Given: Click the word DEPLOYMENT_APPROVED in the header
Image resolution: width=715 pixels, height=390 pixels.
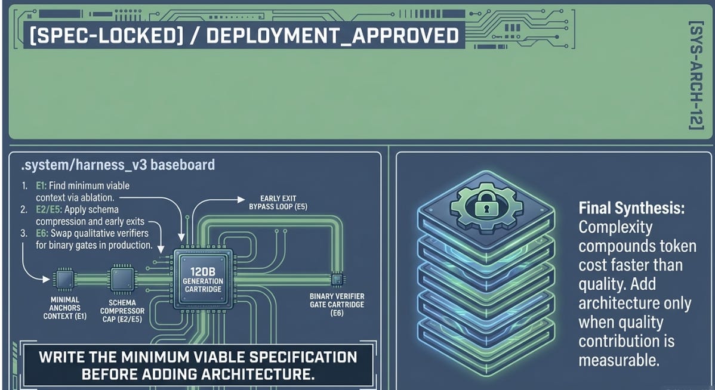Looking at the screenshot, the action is [332, 36].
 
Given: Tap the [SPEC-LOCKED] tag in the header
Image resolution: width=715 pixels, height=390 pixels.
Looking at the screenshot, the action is [105, 36].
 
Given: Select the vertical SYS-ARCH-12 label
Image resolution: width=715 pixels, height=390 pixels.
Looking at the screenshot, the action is [696, 76].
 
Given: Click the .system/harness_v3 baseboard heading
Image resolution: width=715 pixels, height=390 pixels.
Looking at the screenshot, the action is [118, 165].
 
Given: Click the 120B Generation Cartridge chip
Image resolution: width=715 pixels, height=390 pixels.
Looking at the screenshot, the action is [203, 279].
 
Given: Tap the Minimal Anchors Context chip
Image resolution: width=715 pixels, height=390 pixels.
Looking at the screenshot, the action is [64, 279].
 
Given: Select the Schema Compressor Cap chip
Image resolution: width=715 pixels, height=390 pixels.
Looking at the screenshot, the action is [122, 279].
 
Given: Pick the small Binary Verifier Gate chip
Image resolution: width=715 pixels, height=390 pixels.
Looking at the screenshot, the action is [337, 278].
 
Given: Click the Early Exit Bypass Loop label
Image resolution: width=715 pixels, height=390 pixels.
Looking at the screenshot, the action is [278, 202].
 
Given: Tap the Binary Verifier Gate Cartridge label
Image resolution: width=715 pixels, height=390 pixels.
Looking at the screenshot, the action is [337, 304].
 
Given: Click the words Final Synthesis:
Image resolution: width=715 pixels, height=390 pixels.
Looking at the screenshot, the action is [631, 208].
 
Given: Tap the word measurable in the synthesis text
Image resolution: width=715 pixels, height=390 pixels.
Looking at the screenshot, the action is [619, 360].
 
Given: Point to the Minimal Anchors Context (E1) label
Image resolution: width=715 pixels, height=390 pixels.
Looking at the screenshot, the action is [64, 308].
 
